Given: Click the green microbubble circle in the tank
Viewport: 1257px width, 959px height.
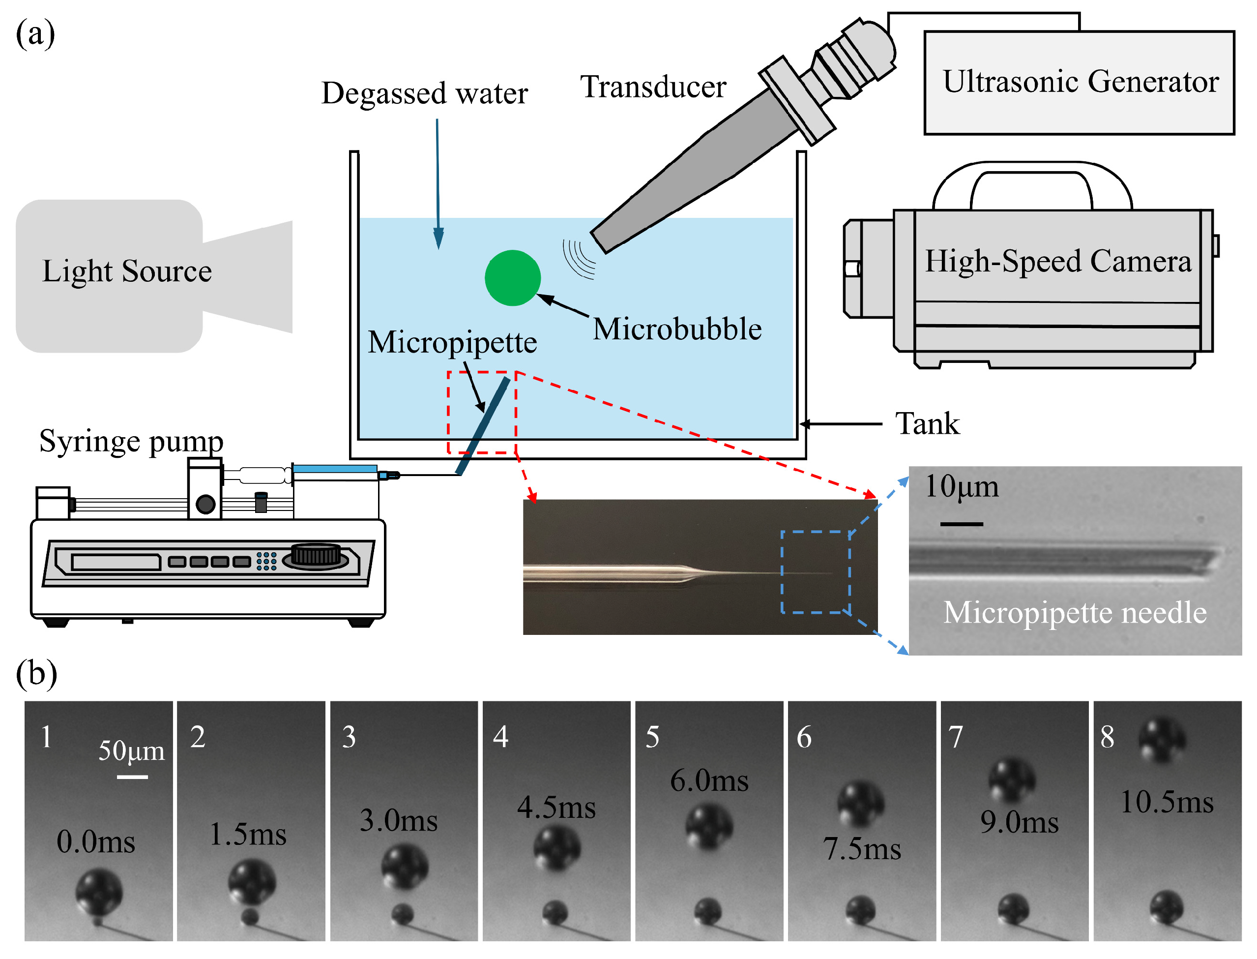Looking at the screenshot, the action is click(x=512, y=278).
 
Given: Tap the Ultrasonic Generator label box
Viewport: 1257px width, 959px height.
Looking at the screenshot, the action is click(x=1079, y=83).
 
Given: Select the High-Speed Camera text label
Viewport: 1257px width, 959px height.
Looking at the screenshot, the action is click(x=1058, y=262).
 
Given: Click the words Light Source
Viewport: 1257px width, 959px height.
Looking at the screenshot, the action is click(x=127, y=270).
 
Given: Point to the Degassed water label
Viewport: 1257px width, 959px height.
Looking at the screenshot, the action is click(x=425, y=93).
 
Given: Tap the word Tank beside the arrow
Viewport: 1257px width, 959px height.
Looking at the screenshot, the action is click(x=927, y=423).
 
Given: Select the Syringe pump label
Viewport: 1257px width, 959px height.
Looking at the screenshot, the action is click(x=131, y=442).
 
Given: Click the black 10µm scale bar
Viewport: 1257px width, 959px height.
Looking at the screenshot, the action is click(x=961, y=523).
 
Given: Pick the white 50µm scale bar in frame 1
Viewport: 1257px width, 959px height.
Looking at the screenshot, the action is click(x=132, y=777).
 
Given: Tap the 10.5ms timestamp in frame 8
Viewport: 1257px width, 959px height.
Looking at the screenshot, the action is click(x=1167, y=802).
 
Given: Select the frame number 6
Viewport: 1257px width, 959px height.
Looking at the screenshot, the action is click(x=804, y=738).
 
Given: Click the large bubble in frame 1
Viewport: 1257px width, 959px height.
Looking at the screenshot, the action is click(x=99, y=892).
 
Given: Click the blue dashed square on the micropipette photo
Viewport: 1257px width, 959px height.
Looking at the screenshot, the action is click(x=816, y=572).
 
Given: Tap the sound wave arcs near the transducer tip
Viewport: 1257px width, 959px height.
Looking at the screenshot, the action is click(x=579, y=259).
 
